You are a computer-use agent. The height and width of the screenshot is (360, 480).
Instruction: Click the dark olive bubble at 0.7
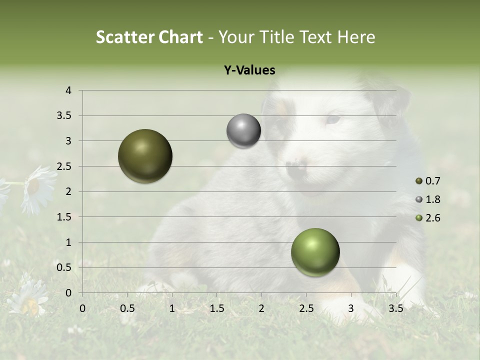click(x=145, y=156)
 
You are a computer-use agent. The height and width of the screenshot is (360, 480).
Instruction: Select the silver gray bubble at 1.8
click(x=243, y=131)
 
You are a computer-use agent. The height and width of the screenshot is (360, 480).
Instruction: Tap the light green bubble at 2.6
click(x=315, y=252)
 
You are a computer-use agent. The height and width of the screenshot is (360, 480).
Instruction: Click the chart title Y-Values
click(x=249, y=70)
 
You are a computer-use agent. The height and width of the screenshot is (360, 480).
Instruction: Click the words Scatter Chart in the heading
click(x=149, y=37)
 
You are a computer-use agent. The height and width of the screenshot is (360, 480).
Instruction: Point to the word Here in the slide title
click(x=355, y=37)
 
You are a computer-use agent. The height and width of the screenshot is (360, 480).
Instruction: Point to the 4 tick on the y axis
click(x=68, y=90)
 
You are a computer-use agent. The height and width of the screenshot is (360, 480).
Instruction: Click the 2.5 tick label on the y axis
click(x=64, y=166)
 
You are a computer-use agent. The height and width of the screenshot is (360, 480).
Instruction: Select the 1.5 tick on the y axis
click(x=64, y=217)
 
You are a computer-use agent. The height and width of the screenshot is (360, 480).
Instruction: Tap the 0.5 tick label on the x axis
click(x=127, y=308)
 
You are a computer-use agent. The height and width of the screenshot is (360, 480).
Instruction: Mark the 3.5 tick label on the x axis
click(x=395, y=308)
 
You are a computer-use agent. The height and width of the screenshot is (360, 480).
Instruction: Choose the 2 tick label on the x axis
click(x=261, y=308)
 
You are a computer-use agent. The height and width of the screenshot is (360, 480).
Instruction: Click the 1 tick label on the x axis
click(x=172, y=308)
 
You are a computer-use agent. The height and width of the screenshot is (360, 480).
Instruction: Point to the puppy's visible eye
click(x=332, y=119)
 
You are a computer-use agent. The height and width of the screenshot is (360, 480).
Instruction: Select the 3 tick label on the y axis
click(x=68, y=141)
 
